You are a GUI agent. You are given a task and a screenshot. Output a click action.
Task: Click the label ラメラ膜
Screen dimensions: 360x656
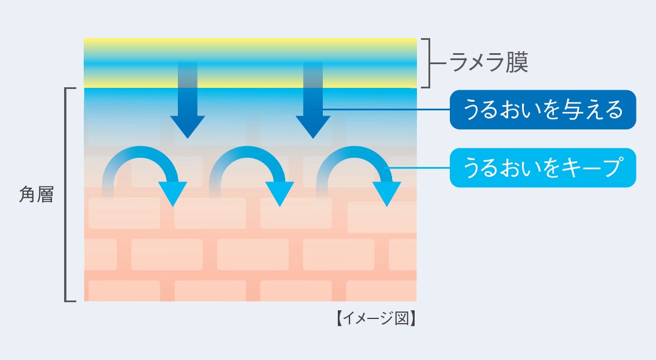click(489, 62)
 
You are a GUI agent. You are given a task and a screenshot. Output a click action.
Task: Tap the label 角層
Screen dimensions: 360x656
click(36, 195)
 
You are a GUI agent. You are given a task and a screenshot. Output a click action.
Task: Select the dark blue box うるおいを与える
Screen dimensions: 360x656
click(542, 109)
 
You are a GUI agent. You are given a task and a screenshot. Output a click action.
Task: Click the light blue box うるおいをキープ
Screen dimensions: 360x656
click(542, 168)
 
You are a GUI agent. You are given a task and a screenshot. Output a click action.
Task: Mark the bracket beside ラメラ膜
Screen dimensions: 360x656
click(427, 62)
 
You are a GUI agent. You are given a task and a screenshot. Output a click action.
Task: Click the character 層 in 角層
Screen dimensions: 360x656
click(45, 195)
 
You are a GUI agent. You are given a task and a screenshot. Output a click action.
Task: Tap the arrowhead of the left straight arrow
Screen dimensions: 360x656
click(187, 127)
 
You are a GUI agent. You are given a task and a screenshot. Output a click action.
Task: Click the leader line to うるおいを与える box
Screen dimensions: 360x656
click(384, 109)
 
